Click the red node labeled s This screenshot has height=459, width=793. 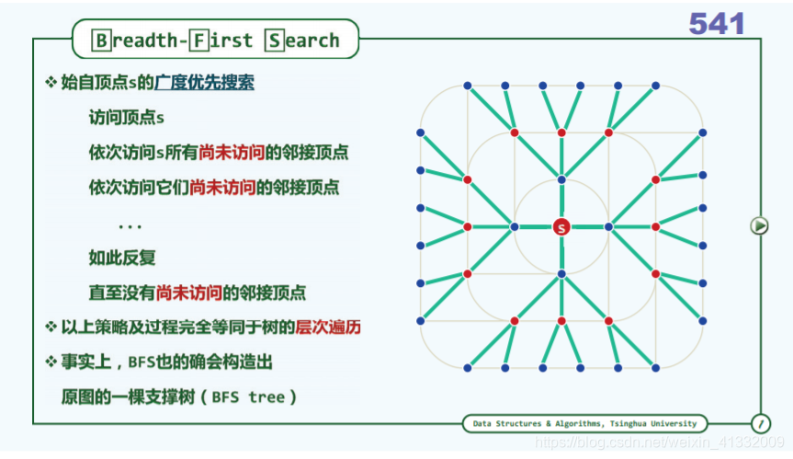[561, 226]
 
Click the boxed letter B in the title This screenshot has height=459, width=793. [103, 40]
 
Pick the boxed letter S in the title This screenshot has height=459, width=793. [274, 40]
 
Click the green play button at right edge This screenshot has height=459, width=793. [759, 224]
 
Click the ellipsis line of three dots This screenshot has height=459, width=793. [130, 224]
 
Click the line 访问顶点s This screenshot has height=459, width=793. [127, 118]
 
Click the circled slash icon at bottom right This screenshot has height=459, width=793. [761, 423]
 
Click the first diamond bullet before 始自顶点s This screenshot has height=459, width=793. [51, 83]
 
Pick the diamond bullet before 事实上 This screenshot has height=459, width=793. [51, 361]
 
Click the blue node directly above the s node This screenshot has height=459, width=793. [561, 178]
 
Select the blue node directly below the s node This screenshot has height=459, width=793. [561, 273]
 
